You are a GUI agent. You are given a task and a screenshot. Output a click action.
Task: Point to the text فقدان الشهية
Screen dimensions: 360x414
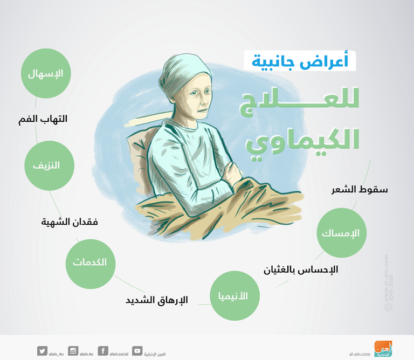coord(70,221)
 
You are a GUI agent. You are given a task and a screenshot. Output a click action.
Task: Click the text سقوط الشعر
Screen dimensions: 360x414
coord(358,190)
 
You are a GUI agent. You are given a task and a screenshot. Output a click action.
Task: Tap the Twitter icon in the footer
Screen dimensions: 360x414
coord(43,350)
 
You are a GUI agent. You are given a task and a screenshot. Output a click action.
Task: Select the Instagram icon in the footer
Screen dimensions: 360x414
coord(74,350)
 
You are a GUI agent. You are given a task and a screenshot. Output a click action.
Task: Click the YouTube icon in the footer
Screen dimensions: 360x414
coord(137,350)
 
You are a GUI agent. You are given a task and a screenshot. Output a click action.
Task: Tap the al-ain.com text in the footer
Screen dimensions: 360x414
coord(360,353)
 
